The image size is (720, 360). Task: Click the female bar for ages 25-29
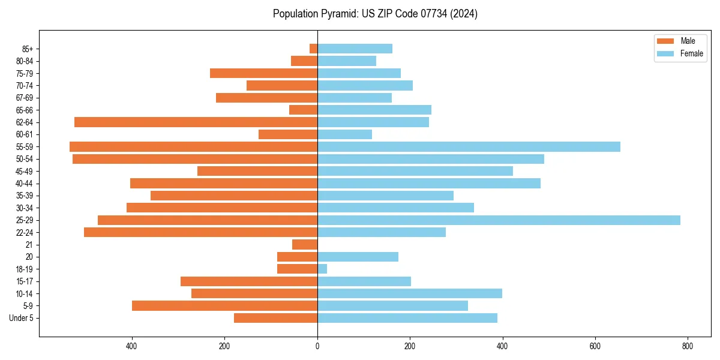pyautogui.click(x=499, y=220)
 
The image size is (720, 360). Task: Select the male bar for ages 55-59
pyautogui.click(x=193, y=147)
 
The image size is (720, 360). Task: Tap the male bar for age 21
pyautogui.click(x=305, y=245)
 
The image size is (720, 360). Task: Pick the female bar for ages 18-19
pyautogui.click(x=322, y=269)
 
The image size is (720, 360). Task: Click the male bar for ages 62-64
pyautogui.click(x=196, y=122)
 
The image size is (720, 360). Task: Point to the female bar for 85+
pyautogui.click(x=355, y=49)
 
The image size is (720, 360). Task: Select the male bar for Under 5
pyautogui.click(x=275, y=318)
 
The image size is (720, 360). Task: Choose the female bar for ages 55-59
pyautogui.click(x=469, y=147)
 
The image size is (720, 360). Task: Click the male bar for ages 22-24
pyautogui.click(x=200, y=232)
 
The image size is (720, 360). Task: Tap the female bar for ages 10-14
pyautogui.click(x=410, y=293)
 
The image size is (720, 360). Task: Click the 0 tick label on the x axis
pyautogui.click(x=317, y=346)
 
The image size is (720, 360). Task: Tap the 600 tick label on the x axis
pyautogui.click(x=595, y=346)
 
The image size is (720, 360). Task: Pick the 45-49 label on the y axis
pyautogui.click(x=24, y=172)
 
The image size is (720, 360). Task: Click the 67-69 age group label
pyautogui.click(x=24, y=98)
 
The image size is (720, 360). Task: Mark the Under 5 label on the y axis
pyautogui.click(x=22, y=318)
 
